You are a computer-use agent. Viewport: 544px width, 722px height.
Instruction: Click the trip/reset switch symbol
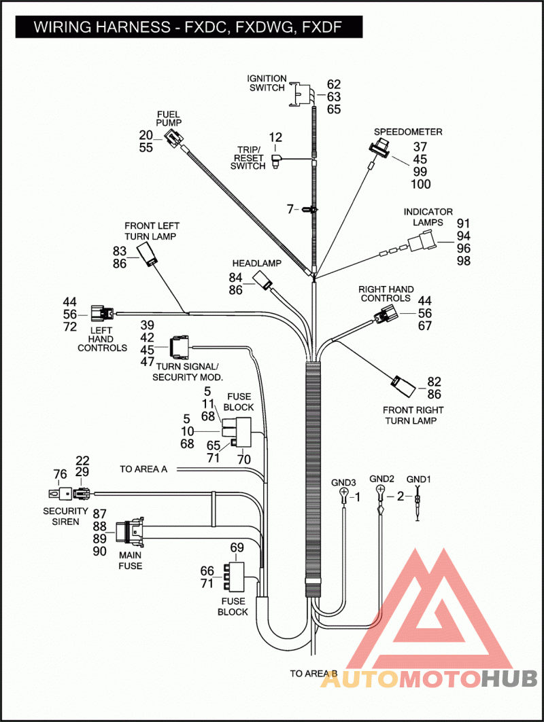[x=275, y=161]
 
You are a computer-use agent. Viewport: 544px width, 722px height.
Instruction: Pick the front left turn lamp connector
[x=148, y=255]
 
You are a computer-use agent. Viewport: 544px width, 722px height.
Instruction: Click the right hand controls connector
[x=386, y=316]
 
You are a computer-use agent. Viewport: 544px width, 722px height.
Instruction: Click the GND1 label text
[x=419, y=480]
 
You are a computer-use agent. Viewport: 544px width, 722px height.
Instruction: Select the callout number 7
[x=290, y=209]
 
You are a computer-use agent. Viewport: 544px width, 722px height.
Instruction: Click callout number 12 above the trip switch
[x=275, y=137]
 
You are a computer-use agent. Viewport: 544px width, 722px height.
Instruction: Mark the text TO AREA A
[x=143, y=469]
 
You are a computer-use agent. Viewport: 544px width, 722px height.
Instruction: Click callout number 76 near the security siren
[x=60, y=474]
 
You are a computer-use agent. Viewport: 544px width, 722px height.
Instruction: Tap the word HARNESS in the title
[x=133, y=27]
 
